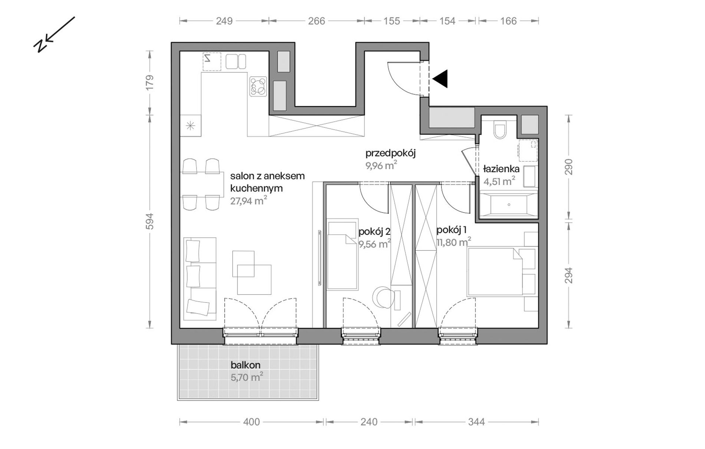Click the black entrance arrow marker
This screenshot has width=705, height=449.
tap(440, 79)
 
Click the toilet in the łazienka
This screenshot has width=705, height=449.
tap(500, 130)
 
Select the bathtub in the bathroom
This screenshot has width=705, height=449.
tap(508, 204)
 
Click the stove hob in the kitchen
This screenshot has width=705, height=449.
tap(258, 86)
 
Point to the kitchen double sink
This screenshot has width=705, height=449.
tap(236, 61)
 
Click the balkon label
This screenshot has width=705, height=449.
tap(246, 365)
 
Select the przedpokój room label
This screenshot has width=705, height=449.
tap(390, 153)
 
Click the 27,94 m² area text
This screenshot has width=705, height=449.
tap(249, 201)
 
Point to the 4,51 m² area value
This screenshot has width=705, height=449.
tap(499, 181)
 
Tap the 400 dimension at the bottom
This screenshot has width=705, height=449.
tap(252, 422)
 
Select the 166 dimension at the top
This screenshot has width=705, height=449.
tap(508, 21)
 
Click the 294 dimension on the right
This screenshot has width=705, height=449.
tap(569, 276)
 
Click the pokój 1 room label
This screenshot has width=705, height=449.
tap(452, 231)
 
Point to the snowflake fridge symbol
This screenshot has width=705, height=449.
tap(190, 126)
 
